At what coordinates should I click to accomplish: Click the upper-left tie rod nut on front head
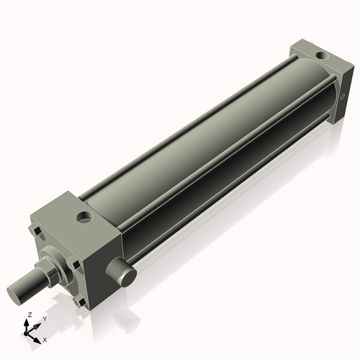pyautogui.click(x=37, y=231)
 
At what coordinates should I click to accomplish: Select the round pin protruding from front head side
pyautogui.click(x=123, y=273)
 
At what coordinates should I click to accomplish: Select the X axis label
pyautogui.click(x=45, y=338)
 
